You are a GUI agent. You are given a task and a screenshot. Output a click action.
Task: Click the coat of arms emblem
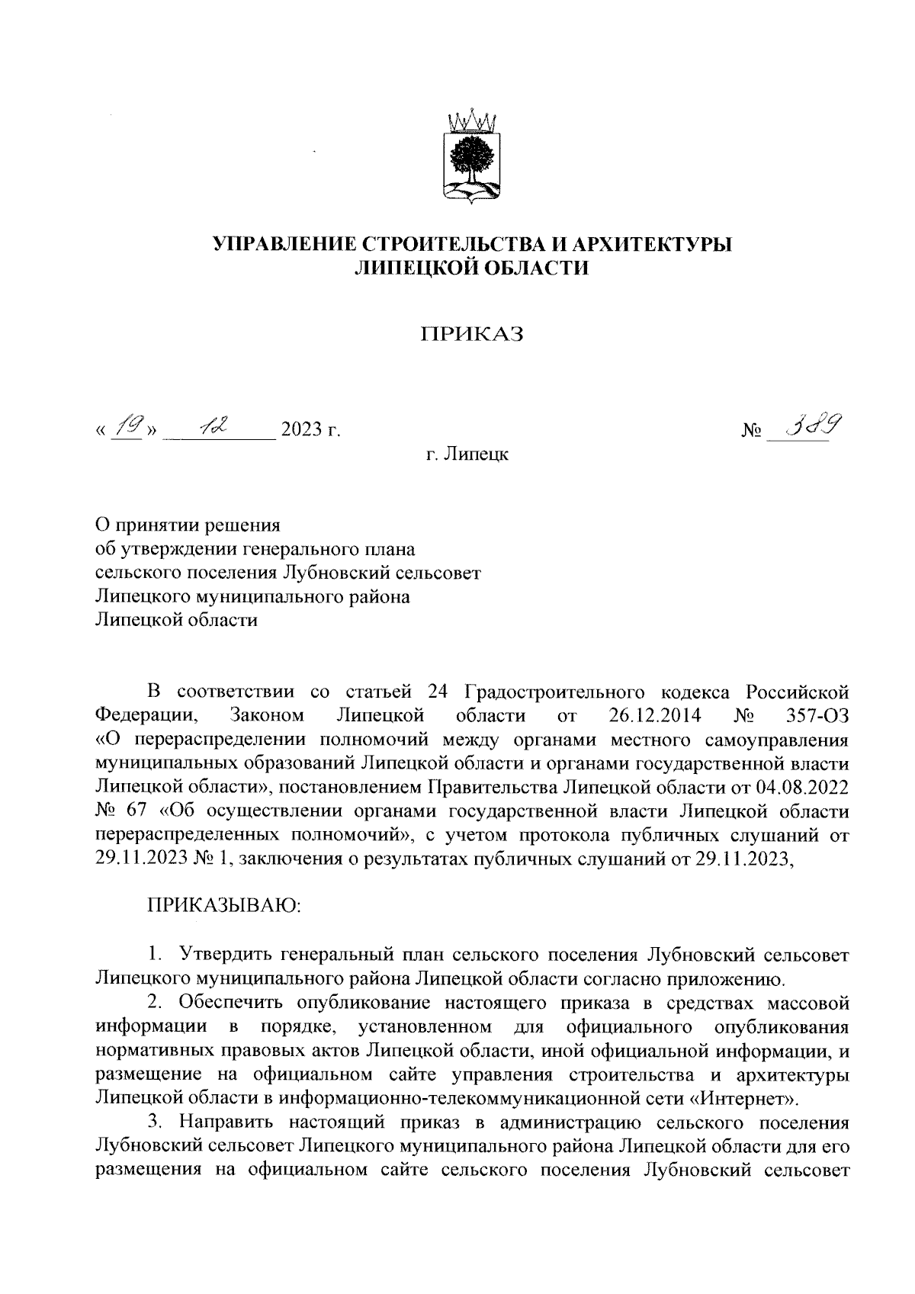pos(472,158)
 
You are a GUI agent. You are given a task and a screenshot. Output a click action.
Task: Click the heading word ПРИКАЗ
pos(473,335)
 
